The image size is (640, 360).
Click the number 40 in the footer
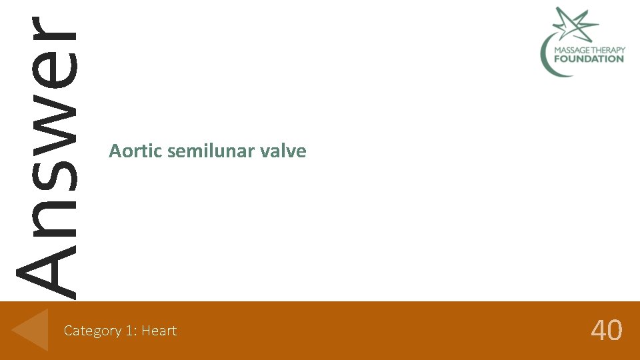[x=607, y=330]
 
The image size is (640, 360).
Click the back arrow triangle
[x=31, y=329]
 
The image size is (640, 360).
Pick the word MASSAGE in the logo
[x=565, y=49]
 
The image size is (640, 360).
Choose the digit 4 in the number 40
[x=598, y=330]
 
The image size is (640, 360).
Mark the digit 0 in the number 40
[x=615, y=330]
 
